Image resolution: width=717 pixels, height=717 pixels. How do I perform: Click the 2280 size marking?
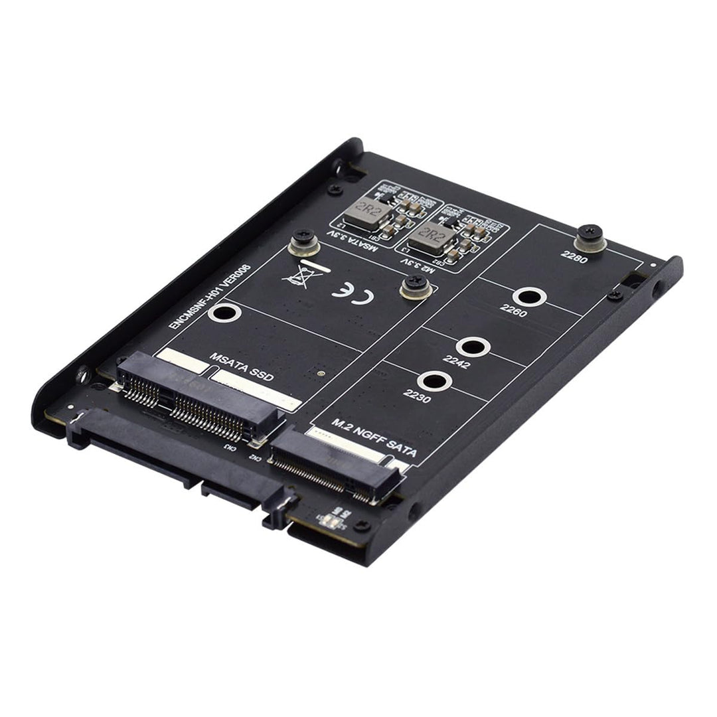coord(574,256)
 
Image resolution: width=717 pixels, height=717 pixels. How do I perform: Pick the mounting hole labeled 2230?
coord(436,382)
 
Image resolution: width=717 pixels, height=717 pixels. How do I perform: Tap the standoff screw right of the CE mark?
coord(416,287)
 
